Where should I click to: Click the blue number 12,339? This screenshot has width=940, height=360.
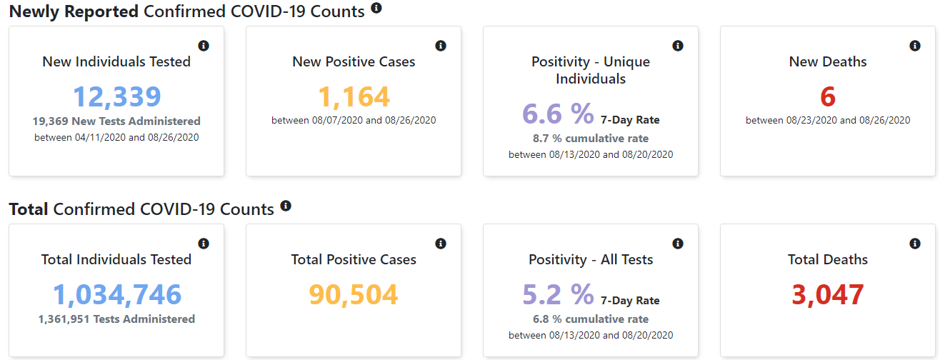tap(117, 96)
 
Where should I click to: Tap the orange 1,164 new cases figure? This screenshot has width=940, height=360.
tap(354, 96)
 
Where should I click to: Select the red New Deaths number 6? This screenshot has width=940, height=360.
tap(828, 96)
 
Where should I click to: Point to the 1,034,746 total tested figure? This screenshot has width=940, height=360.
tap(117, 294)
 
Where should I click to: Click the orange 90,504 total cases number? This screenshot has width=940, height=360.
tap(354, 294)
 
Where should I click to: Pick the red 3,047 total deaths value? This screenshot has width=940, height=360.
tap(828, 294)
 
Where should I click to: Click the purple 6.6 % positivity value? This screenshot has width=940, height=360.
tap(558, 114)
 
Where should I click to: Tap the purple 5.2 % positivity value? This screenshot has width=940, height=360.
tap(558, 294)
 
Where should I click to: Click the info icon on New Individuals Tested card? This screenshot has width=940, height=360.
tap(204, 46)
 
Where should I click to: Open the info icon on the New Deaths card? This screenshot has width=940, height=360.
tap(915, 46)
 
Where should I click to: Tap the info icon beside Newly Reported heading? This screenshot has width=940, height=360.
tap(376, 8)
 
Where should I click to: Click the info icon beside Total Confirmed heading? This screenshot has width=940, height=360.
tap(286, 206)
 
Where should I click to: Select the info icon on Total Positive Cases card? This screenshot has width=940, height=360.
tap(441, 244)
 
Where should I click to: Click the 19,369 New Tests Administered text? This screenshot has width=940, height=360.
tap(116, 121)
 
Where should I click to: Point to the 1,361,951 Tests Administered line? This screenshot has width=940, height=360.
tap(116, 319)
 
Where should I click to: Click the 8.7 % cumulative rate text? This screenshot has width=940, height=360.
tap(591, 139)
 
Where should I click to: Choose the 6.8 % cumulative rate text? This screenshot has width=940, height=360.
tap(591, 319)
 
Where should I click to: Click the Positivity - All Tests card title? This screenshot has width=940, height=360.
tap(591, 260)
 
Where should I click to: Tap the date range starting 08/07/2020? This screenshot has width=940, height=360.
tap(354, 121)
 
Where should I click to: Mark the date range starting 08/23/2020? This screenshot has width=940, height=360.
tap(828, 121)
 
